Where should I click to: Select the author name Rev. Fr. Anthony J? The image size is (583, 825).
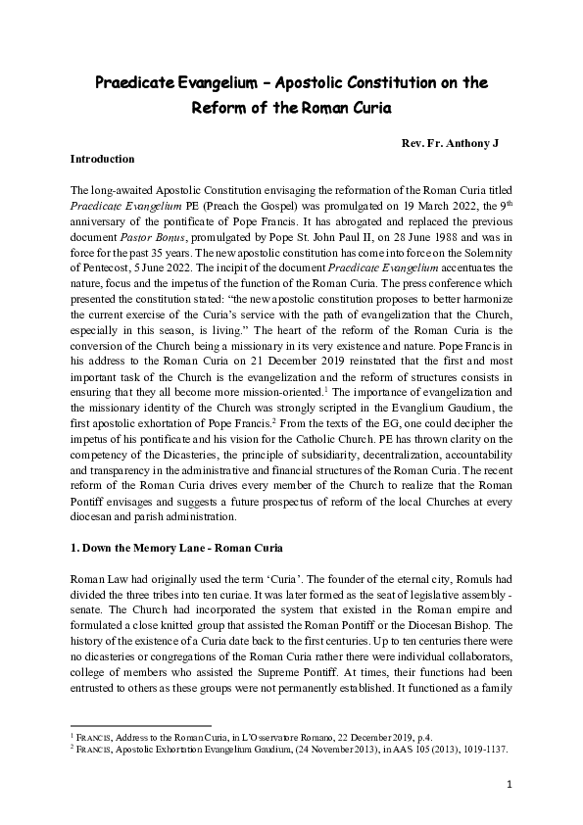450,143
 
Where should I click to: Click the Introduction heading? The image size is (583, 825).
102,158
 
